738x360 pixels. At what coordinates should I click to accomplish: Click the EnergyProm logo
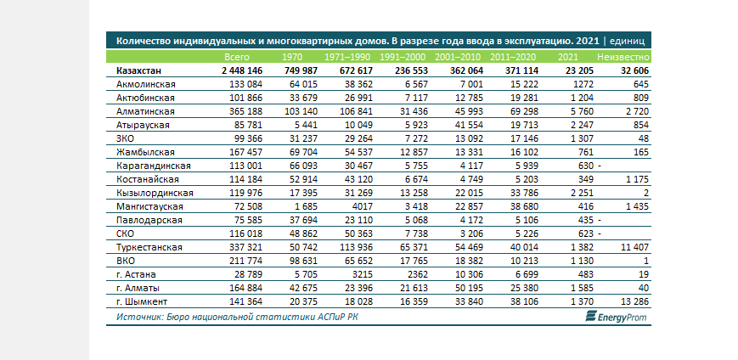[616, 318]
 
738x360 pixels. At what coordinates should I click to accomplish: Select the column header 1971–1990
[348, 58]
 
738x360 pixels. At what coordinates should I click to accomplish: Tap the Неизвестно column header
[623, 58]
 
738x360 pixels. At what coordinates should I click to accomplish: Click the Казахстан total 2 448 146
[242, 71]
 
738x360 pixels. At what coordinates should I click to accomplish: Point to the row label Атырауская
[143, 125]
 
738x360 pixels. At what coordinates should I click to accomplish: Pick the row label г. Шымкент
[142, 301]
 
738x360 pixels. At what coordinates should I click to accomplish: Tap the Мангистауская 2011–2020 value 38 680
[523, 206]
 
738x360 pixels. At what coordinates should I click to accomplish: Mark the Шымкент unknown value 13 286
[634, 301]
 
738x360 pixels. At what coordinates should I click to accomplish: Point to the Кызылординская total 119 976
[245, 193]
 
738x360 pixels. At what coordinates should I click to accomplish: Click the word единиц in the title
[627, 41]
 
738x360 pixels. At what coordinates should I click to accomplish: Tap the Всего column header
[237, 58]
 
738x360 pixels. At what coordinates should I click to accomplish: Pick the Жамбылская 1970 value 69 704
[302, 153]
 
